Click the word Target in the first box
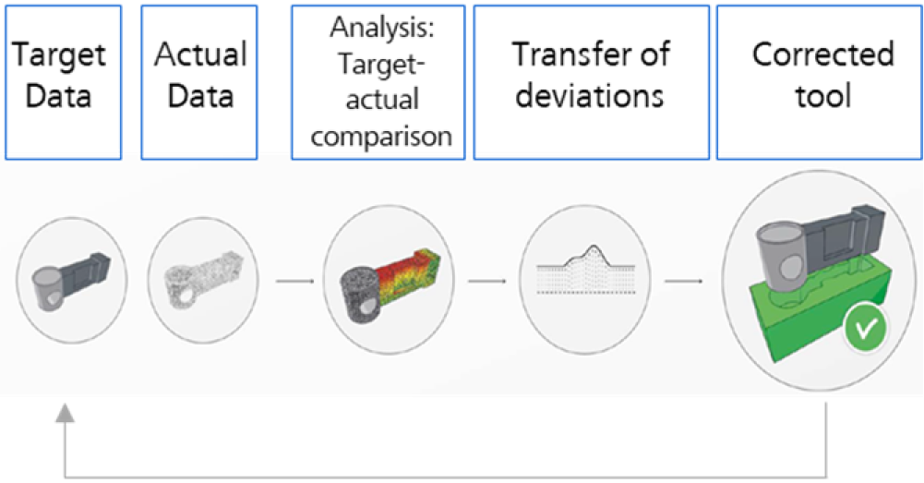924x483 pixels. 59,56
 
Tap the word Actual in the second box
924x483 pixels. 200,54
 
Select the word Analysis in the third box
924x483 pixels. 381,28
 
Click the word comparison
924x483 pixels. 381,137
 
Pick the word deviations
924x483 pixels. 590,95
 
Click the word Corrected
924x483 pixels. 823,54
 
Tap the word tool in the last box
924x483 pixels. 823,95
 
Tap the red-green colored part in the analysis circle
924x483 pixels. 405,273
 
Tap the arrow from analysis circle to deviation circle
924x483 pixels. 486,281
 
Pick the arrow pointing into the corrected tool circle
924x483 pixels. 684,281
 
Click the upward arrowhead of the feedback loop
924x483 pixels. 65,414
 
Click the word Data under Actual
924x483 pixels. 200,96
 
